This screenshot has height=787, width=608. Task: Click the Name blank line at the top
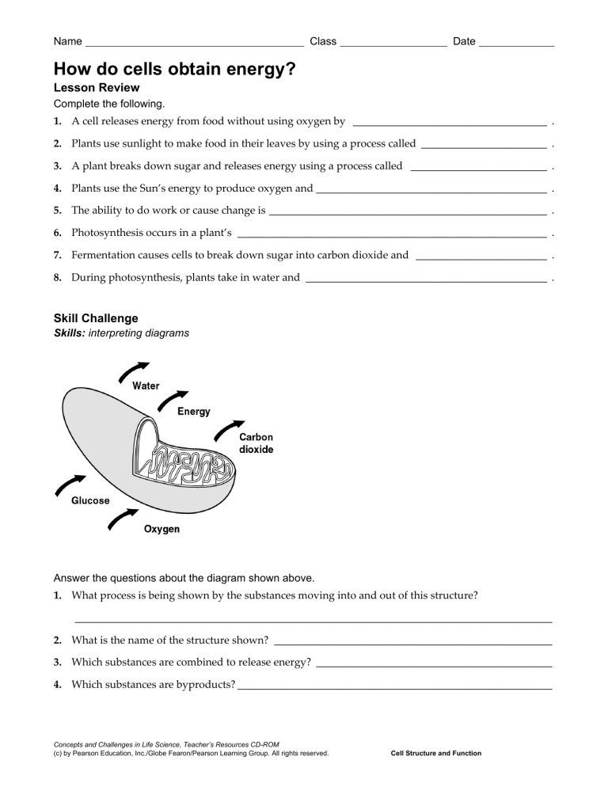point(194,44)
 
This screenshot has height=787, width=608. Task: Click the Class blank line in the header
point(393,44)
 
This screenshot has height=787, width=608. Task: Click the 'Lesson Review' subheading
point(97,87)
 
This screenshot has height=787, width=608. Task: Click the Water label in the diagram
point(146,386)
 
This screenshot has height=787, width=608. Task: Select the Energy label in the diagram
point(193,412)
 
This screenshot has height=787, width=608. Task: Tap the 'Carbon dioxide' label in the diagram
point(256,443)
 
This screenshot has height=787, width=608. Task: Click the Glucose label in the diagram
point(91,500)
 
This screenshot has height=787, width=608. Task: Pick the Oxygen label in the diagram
point(161,529)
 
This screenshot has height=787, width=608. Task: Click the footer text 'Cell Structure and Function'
point(436,753)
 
